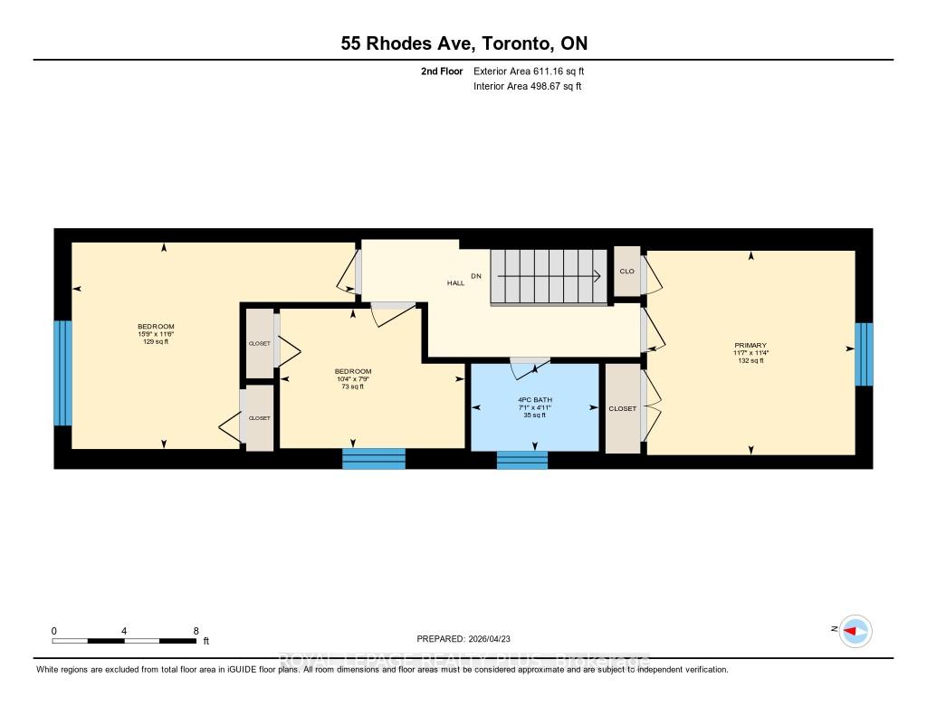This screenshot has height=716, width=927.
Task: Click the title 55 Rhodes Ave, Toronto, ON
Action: pos(463,43)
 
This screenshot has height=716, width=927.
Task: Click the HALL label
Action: pos(455,283)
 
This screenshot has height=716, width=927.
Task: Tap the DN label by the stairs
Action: pos(475,275)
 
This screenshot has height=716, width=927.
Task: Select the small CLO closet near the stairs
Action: pos(626,271)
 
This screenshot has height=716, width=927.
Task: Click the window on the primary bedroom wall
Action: pos(864,354)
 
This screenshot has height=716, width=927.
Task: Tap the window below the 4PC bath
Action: pos(521,460)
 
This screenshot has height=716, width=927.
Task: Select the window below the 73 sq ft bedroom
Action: pos(373,459)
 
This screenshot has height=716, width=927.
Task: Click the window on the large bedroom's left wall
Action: pos(62,372)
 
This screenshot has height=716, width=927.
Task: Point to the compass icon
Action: pos(854,631)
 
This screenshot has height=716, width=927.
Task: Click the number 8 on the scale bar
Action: pos(196,630)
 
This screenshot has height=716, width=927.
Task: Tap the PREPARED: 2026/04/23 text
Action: pos(469,638)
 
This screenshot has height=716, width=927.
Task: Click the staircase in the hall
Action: pos(547,277)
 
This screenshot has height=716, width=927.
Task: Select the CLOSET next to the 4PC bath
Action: pos(623,408)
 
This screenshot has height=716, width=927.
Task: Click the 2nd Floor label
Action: pos(443,71)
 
